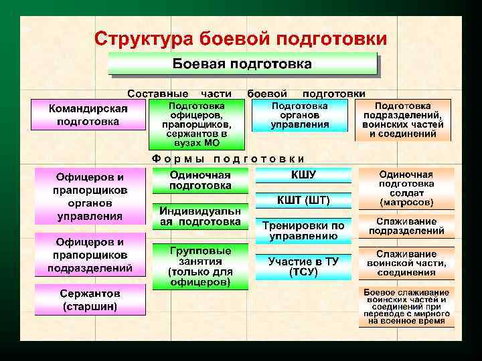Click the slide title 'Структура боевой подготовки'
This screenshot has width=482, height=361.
click(x=240, y=38)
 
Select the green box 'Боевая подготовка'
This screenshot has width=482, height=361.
click(x=242, y=65)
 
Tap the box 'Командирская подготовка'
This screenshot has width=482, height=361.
click(x=88, y=115)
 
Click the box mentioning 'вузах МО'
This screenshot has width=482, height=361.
click(x=197, y=124)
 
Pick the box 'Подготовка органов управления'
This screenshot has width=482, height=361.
click(x=299, y=115)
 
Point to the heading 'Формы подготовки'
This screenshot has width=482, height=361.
click(x=228, y=158)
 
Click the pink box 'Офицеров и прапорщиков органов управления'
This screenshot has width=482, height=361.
click(x=90, y=197)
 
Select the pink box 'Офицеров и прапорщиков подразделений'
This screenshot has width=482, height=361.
click(x=90, y=255)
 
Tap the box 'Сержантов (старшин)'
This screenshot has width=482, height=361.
click(x=90, y=300)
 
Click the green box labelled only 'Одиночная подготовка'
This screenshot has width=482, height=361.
click(x=200, y=180)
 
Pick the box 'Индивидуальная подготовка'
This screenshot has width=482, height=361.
click(x=200, y=217)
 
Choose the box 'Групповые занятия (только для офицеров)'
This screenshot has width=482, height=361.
click(x=200, y=266)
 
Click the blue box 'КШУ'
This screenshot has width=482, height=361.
click(x=303, y=175)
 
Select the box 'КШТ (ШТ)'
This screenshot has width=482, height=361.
click(x=303, y=200)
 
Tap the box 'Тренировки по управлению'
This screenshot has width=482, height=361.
click(x=303, y=230)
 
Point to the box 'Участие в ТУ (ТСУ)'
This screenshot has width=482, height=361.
click(x=303, y=267)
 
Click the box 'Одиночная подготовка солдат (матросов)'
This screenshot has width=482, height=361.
click(x=406, y=188)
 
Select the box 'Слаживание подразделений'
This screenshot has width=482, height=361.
click(x=406, y=226)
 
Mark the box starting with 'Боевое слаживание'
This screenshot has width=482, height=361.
click(x=406, y=307)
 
